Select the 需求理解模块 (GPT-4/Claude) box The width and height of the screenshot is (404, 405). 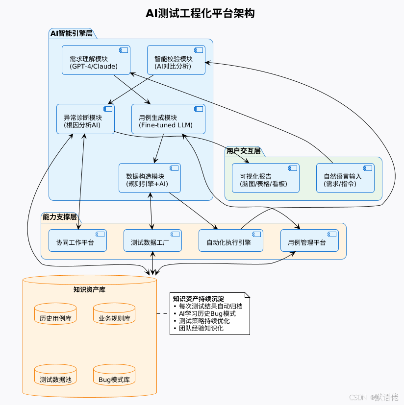pos(96,60)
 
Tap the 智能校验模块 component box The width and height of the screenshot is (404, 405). pos(176,60)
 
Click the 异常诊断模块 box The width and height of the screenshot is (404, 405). pos(85,119)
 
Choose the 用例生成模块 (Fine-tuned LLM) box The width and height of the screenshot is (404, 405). pos(168,119)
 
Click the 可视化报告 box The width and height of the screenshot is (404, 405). pos(265,178)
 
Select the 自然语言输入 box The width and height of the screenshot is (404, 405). pos(345,178)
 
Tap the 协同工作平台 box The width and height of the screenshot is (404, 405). pos(78,240)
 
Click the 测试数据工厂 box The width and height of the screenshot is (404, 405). pos(152,240)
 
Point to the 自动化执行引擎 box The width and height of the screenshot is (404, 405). pos(230,240)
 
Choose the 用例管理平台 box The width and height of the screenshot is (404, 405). pos(309,240)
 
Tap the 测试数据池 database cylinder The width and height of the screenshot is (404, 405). pos(55,376)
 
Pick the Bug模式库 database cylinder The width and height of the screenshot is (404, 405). pos(114,376)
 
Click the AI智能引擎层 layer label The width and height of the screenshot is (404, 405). pos(72,33)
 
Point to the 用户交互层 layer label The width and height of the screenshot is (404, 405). pos(243,151)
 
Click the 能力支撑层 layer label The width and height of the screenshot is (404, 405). pos(60,216)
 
